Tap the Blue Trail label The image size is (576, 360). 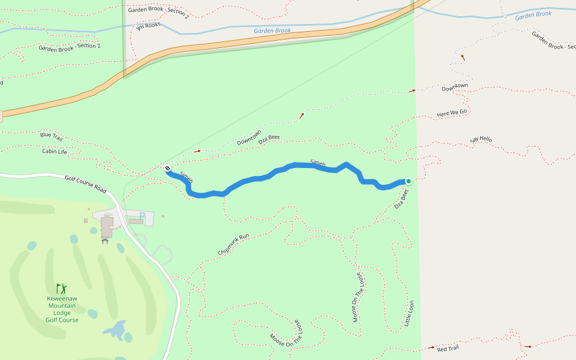point(51,136)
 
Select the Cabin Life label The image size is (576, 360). point(54,151)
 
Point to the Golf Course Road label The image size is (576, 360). point(85,184)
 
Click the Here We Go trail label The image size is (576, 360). point(452,113)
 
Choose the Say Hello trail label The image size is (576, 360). point(481,140)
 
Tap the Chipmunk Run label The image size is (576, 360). point(234,245)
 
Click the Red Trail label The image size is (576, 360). point(448,349)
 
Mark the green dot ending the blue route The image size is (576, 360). point(409,181)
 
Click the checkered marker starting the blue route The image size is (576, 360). point(168,169)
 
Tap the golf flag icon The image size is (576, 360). point(61,289)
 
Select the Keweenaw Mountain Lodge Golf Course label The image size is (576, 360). point(62,309)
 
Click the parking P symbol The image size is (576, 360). point(142,215)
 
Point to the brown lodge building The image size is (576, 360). point(107,226)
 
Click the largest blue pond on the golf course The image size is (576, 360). point(114,329)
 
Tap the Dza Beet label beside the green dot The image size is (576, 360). point(402,199)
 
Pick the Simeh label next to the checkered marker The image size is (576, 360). point(187,178)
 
